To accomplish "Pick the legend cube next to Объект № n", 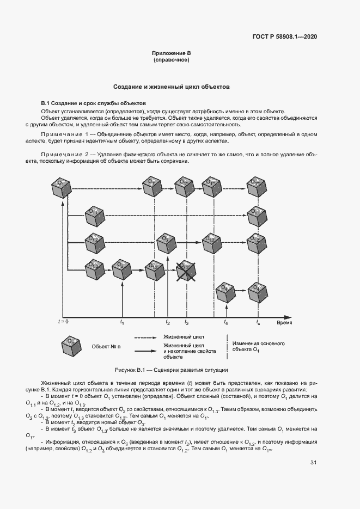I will (x=70, y=346).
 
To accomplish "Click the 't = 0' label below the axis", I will (x=64, y=322).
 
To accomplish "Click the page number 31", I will (x=313, y=463).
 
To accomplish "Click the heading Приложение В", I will (x=171, y=53).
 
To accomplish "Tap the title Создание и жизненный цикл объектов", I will (x=172, y=87).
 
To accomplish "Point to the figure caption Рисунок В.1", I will (x=171, y=370).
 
